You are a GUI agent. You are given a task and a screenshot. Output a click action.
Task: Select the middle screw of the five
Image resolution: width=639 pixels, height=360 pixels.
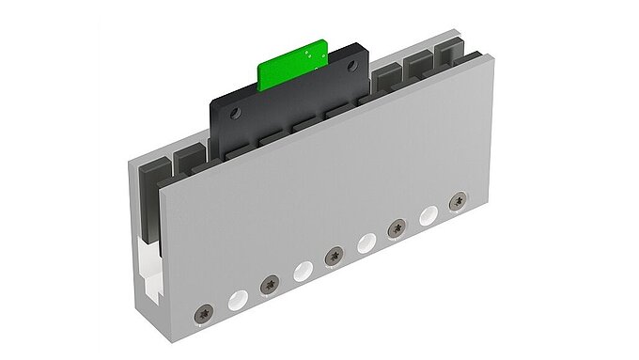[333, 255]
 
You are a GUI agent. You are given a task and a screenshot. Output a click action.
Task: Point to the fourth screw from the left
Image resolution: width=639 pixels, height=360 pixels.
[397, 226]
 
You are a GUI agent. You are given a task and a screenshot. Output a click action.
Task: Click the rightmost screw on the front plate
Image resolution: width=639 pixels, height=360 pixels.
[458, 199]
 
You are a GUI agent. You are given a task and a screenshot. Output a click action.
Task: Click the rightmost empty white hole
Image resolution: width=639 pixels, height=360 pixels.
[429, 213]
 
